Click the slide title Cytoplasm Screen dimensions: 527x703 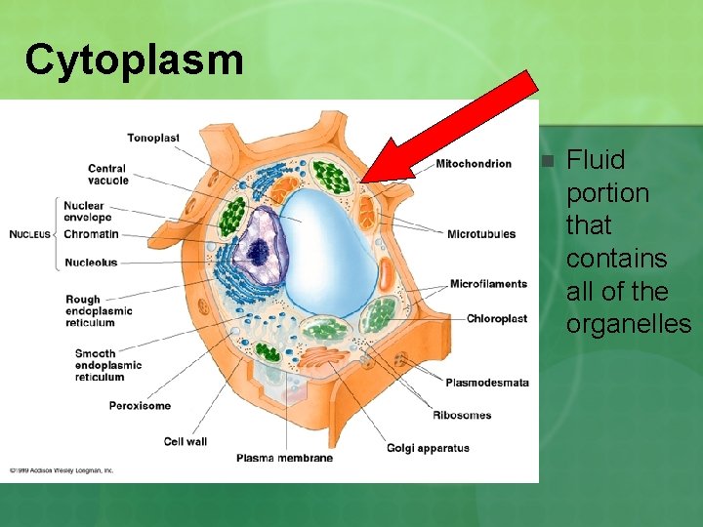134,60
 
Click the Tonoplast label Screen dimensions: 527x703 153,138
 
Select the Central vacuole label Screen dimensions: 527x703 107,175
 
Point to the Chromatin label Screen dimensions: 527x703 91,234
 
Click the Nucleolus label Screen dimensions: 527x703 91,263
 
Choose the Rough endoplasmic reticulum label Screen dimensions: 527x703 99,310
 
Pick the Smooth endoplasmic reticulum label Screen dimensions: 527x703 107,365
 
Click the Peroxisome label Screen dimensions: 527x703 140,405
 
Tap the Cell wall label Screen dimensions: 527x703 186,442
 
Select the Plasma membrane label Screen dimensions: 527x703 284,458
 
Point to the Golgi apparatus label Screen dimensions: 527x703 428,448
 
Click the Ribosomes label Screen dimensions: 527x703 462,416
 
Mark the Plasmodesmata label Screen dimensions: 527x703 487,383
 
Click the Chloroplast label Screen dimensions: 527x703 497,318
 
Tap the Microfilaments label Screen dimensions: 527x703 488,284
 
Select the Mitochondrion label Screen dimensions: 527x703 474,163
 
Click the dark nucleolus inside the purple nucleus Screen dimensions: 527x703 259,252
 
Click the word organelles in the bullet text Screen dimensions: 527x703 629,324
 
